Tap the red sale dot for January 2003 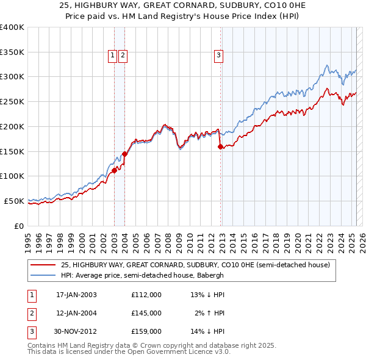tap(114, 170)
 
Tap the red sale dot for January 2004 tap(124, 154)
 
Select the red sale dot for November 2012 tap(220, 146)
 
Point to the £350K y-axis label tap(12, 52)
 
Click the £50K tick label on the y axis tap(14, 201)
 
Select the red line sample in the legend tap(43, 265)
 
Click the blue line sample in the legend tap(43, 275)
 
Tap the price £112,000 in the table tap(146, 295)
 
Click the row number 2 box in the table tap(31, 313)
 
